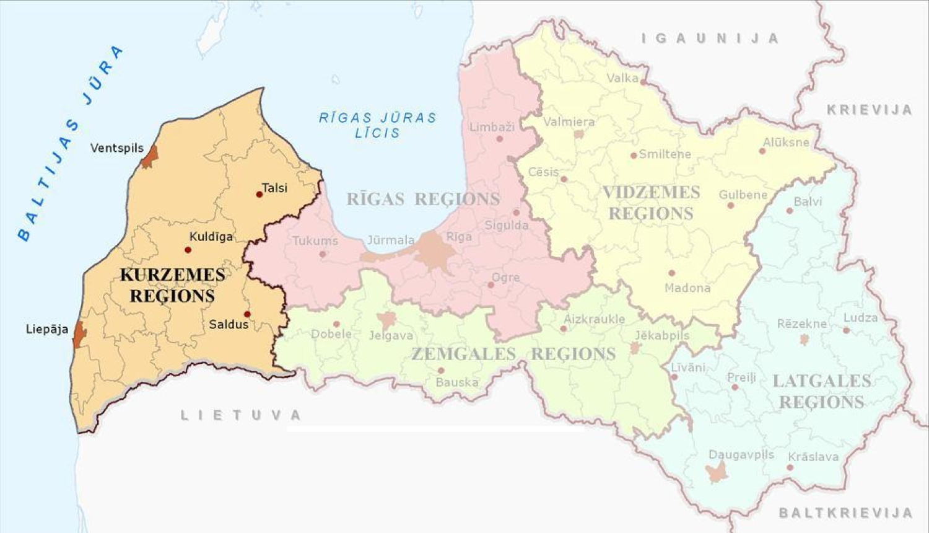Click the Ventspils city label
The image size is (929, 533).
[116, 148]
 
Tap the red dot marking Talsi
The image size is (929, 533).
[260, 194]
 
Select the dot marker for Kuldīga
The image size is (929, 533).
[188, 250]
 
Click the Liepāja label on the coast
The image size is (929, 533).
[47, 329]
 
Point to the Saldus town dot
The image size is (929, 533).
[247, 314]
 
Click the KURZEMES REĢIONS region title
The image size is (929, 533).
[172, 285]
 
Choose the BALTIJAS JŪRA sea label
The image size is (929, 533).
[68, 143]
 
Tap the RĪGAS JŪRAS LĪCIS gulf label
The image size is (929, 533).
[378, 125]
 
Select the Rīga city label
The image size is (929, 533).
[459, 237]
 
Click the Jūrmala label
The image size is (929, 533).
[391, 240]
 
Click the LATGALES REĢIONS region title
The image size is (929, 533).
[822, 392]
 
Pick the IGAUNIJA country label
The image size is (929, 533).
[710, 38]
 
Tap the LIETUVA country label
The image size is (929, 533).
[241, 415]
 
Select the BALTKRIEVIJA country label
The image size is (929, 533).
[845, 513]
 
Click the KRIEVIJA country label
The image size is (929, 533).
[870, 110]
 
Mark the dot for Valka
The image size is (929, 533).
[643, 82]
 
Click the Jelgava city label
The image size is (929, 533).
[391, 335]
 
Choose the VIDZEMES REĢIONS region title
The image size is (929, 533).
[651, 203]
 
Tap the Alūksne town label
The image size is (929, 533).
[786, 142]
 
